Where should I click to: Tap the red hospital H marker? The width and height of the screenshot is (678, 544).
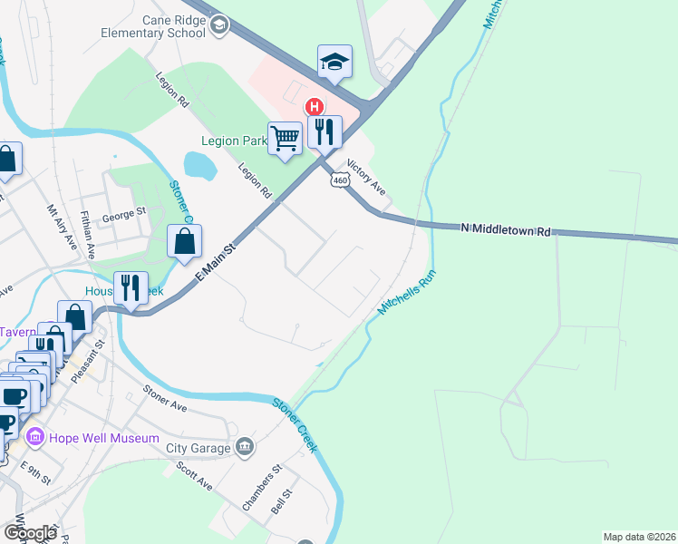pyautogui.click(x=315, y=107)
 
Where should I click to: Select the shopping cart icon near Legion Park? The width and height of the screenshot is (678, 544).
pyautogui.click(x=285, y=139)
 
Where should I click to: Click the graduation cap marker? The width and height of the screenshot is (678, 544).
pyautogui.click(x=334, y=63)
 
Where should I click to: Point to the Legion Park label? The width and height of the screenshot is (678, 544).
pyautogui.click(x=234, y=141)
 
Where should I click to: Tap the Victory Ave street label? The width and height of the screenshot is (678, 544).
pyautogui.click(x=368, y=178)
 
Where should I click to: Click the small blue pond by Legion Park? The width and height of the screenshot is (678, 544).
pyautogui.click(x=199, y=165)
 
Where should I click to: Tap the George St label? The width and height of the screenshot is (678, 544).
pyautogui.click(x=123, y=213)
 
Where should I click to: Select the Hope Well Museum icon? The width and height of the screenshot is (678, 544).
pyautogui.click(x=35, y=438)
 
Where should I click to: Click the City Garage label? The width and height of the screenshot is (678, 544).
pyautogui.click(x=199, y=447)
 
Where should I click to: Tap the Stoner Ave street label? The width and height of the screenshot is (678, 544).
pyautogui.click(x=164, y=398)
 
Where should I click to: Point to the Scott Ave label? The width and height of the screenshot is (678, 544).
pyautogui.click(x=194, y=475)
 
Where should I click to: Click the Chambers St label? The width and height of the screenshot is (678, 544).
pyautogui.click(x=263, y=490)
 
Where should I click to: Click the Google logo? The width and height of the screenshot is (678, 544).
pyautogui.click(x=30, y=533)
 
